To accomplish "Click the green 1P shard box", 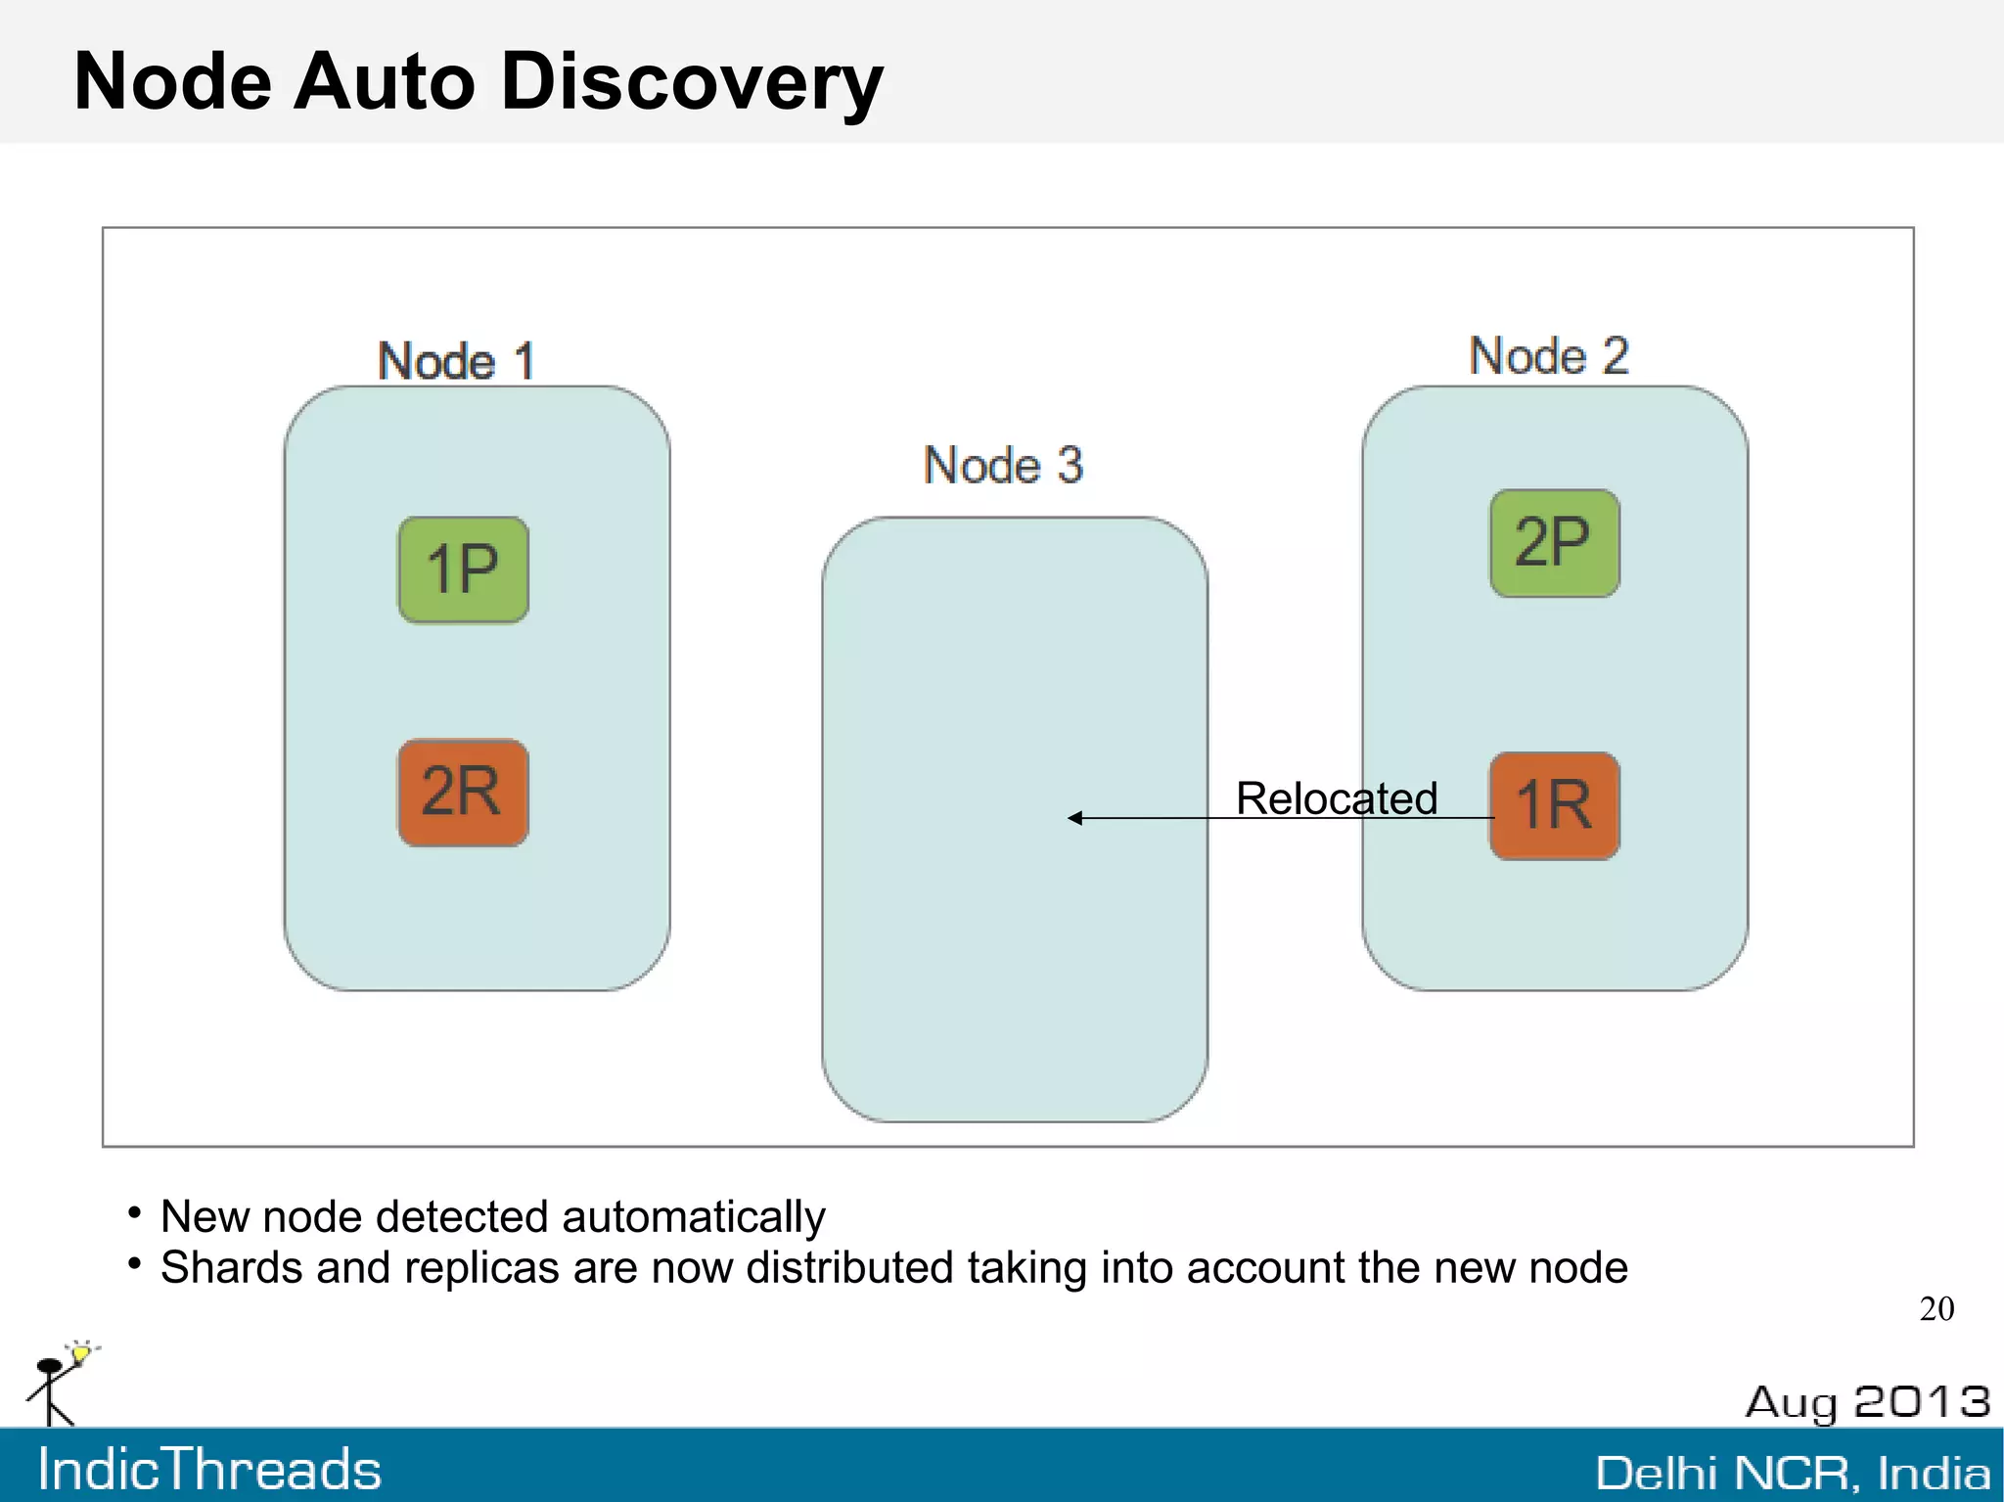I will coord(463,569).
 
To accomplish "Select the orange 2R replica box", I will coord(463,793).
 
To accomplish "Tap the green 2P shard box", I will coord(1554,543).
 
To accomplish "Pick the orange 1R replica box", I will coord(1554,806).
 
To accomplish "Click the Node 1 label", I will coord(456,361).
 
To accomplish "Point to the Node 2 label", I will coord(1549,355).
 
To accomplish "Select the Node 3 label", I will coord(1003,465).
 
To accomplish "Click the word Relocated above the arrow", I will coord(1336,797).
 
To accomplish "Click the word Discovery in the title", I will coord(691,82).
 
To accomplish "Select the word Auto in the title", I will coord(385,82).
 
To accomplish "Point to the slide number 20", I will coord(1936,1309).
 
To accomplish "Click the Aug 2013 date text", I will coord(1867,1401).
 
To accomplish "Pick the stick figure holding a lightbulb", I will coord(57,1383).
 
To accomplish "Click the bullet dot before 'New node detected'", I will coord(134,1213).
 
